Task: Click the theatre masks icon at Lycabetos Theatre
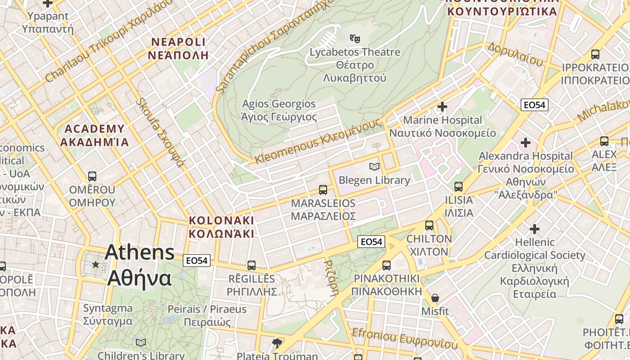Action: (x=355, y=39)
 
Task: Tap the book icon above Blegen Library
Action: (x=374, y=167)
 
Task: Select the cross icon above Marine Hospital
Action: (x=442, y=107)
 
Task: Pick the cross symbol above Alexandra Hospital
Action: (x=525, y=143)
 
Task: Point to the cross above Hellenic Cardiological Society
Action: (x=534, y=229)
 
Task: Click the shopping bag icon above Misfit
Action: (x=435, y=298)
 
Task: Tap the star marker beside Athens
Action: (x=95, y=264)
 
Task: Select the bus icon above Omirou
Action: (x=92, y=176)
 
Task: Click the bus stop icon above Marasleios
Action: (x=323, y=189)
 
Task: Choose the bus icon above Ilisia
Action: (x=459, y=186)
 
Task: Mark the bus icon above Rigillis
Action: (x=251, y=265)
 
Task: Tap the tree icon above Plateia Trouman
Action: (x=277, y=343)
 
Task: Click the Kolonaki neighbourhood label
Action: (x=221, y=227)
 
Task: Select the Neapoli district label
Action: (x=178, y=49)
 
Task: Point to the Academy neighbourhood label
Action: (x=94, y=135)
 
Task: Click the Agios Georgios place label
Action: (x=279, y=110)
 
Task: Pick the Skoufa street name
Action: (x=161, y=132)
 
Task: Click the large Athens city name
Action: (x=139, y=265)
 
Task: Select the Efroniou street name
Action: (x=405, y=338)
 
